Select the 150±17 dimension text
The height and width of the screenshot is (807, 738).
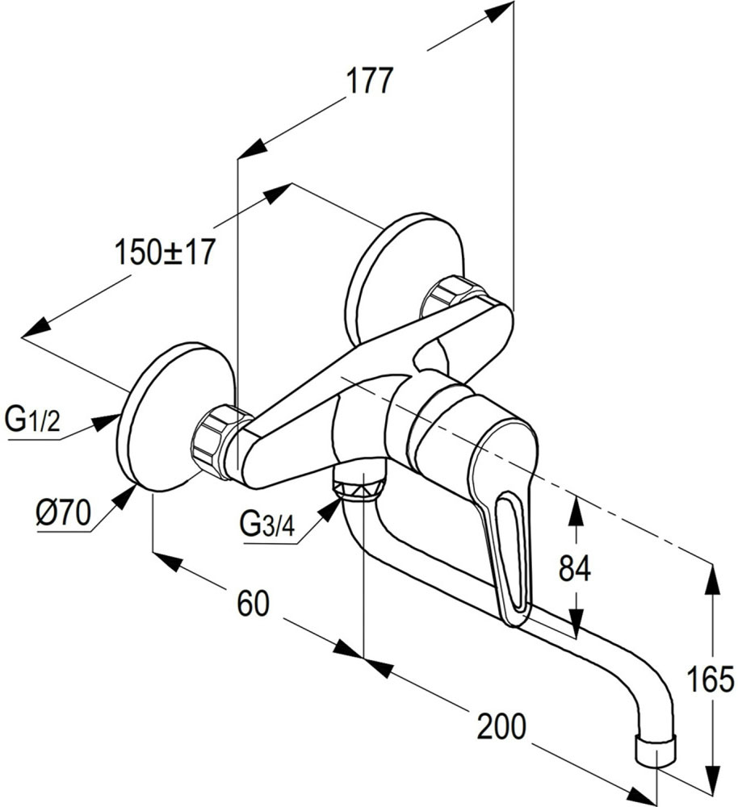[165, 253]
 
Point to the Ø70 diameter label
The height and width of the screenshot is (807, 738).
[62, 514]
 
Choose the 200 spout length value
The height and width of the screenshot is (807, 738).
[501, 727]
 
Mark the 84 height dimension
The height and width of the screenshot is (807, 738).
[575, 569]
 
